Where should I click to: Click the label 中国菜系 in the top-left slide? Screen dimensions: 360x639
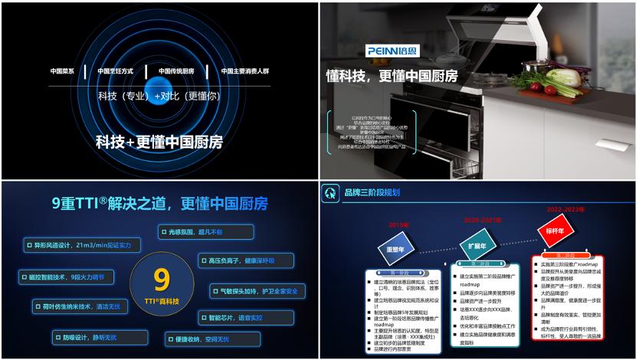click(62, 71)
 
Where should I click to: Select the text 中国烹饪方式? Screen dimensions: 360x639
click(115, 71)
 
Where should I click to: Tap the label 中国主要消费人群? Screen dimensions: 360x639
click(244, 71)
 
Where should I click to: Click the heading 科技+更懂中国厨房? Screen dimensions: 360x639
click(159, 142)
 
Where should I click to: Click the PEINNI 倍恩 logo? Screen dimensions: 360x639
click(392, 50)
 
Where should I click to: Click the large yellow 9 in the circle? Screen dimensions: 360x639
click(161, 277)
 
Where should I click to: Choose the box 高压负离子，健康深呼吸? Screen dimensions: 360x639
click(245, 260)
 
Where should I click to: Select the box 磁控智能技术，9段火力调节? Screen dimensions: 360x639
click(74, 276)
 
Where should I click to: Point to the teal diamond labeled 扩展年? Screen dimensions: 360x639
click(477, 246)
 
